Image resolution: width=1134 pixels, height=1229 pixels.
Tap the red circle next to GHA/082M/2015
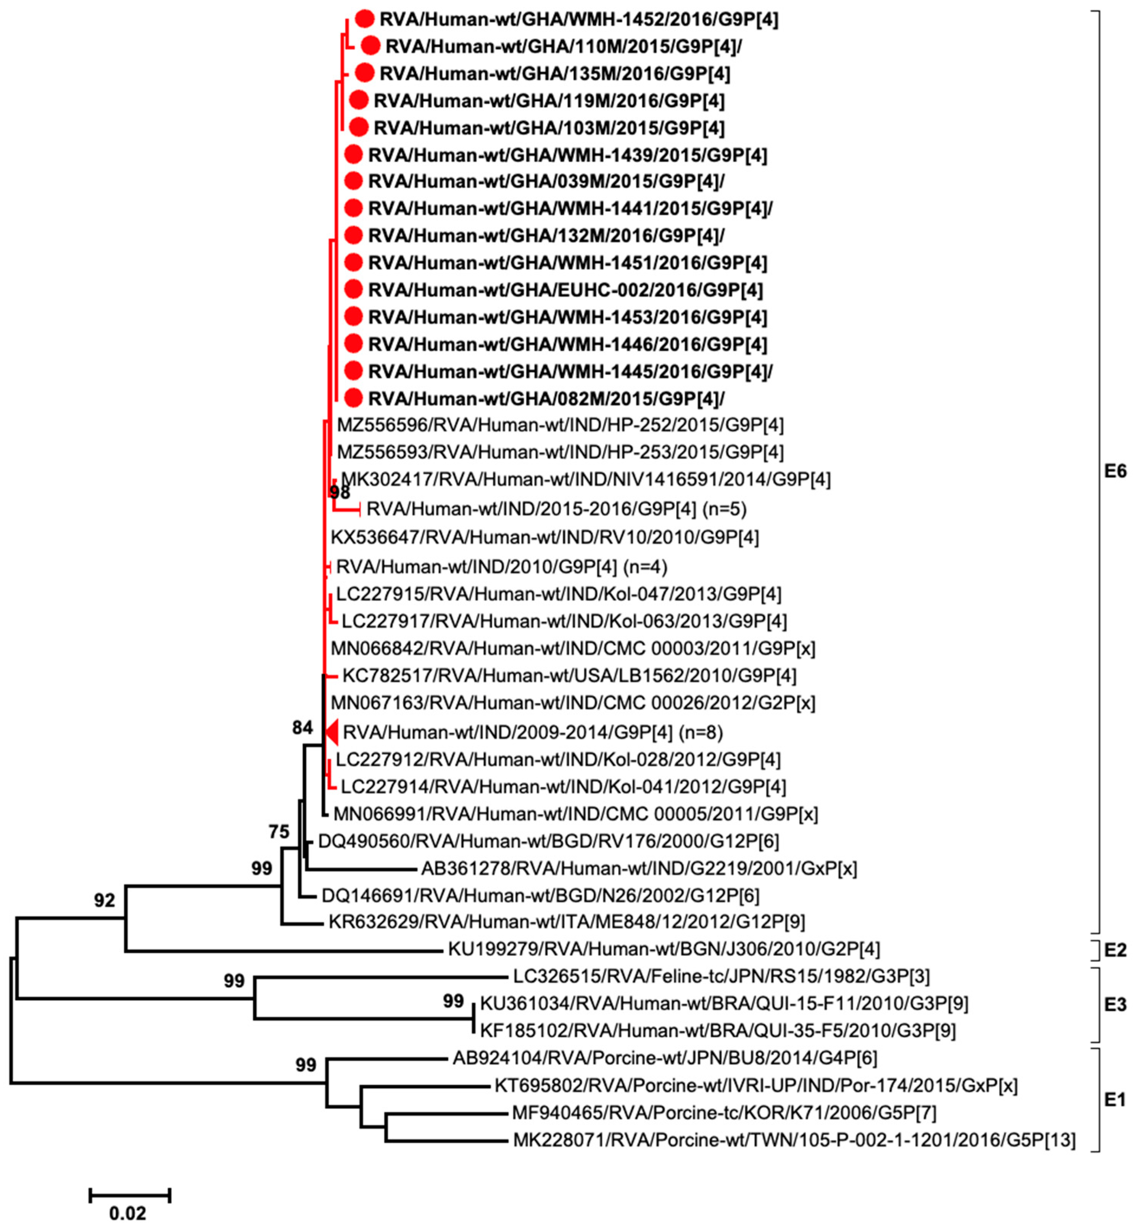[353, 398]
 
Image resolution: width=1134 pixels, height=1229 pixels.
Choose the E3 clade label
[1115, 1004]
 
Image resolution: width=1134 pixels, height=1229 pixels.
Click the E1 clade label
[1115, 1100]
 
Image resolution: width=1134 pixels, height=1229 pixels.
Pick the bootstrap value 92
[104, 900]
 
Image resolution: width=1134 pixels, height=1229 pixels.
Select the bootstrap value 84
[303, 728]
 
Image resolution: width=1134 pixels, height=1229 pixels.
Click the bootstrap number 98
[339, 492]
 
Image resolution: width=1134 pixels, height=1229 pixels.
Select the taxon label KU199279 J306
[663, 950]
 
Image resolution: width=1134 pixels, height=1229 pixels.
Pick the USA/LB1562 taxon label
[569, 676]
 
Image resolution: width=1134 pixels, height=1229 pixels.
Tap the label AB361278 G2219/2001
[638, 868]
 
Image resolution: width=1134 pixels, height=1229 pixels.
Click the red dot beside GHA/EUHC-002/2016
[353, 290]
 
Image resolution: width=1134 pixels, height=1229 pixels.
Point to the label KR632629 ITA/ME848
[566, 921]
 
